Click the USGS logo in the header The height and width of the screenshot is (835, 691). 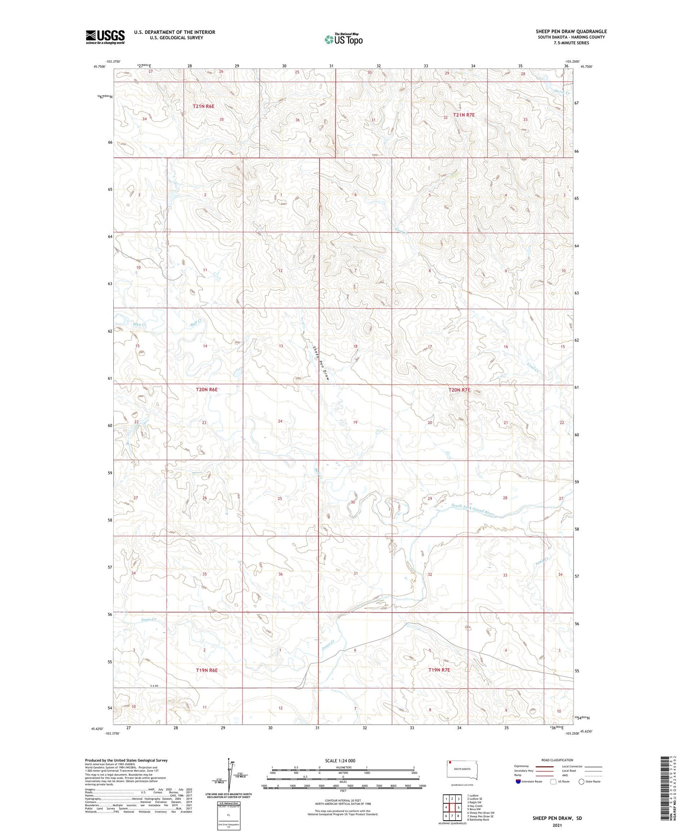coord(105,37)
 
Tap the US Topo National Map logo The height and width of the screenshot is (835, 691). coord(343,39)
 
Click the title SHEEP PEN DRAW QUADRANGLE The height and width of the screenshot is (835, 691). coord(571,31)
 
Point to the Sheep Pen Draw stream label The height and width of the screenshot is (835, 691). coord(321,363)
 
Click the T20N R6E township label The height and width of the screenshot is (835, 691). coord(207,390)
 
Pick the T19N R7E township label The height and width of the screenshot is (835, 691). coord(439,670)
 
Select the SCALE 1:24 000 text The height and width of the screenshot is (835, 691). coord(340,760)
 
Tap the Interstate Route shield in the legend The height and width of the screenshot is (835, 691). coord(519,781)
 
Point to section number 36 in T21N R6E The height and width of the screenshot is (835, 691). coord(297,120)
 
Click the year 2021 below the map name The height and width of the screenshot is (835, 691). coord(556,825)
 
